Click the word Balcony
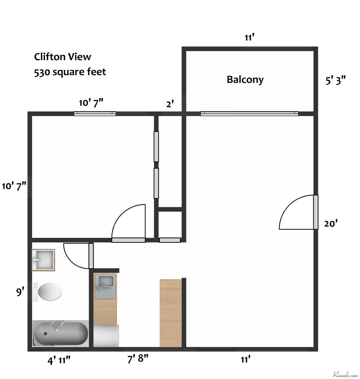(245, 80)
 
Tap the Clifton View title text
(63, 56)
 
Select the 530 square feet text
(70, 72)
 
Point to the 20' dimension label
(331, 224)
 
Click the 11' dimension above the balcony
(249, 38)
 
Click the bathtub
(60, 334)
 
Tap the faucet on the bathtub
(57, 324)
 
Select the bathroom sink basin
(43, 260)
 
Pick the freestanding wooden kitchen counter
(171, 313)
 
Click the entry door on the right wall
(316, 212)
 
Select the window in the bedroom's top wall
(95, 113)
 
